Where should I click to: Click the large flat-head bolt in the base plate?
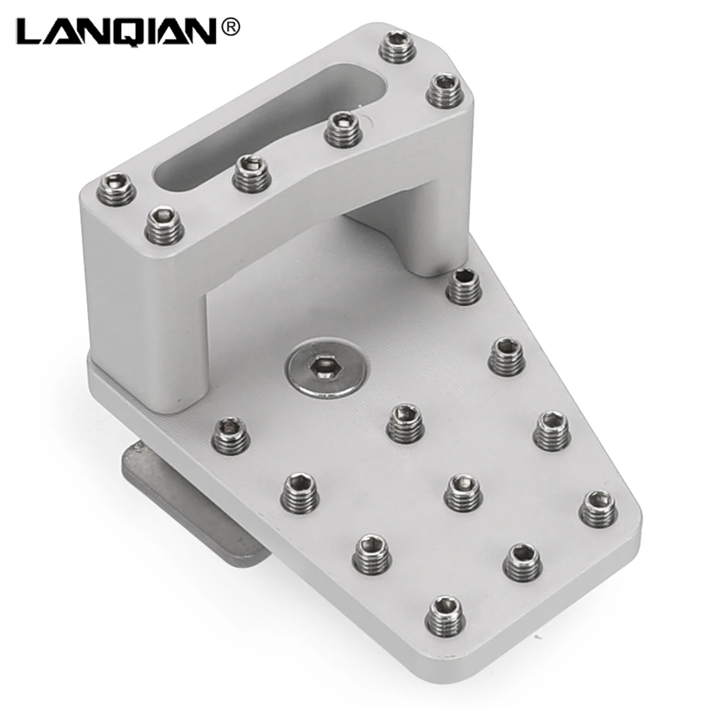tap(326, 370)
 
